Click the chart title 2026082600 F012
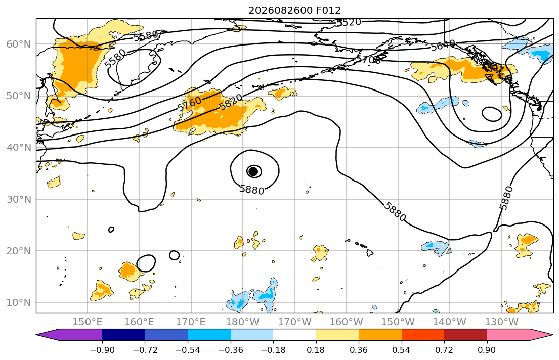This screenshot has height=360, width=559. [x=294, y=10]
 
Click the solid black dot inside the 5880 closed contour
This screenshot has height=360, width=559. [x=253, y=172]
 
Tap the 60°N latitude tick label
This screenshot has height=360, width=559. [x=19, y=44]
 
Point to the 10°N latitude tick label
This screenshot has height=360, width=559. [x=19, y=303]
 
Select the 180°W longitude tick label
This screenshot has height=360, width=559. [x=243, y=322]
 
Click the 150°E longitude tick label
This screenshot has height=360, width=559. [x=88, y=322]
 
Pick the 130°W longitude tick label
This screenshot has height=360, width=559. [x=502, y=322]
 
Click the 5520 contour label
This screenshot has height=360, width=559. [x=349, y=22]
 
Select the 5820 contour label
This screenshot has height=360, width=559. [x=231, y=102]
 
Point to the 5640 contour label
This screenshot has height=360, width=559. [x=443, y=46]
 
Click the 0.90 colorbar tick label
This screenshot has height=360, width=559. [x=487, y=350]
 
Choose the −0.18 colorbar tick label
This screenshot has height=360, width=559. [x=273, y=350]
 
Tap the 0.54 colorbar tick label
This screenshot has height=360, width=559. [x=402, y=350]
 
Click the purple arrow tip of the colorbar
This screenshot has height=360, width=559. [x=37, y=335]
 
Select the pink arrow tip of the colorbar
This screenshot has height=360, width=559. [x=552, y=335]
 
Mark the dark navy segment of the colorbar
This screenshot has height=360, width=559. [x=123, y=335]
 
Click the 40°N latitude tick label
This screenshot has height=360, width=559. [x=19, y=148]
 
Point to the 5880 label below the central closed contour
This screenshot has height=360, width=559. [x=252, y=190]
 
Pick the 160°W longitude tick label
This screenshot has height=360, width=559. [x=347, y=322]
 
